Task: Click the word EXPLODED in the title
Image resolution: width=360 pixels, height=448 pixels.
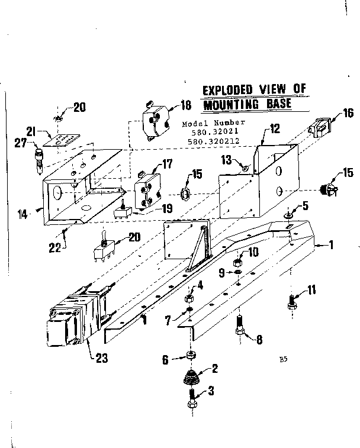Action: pyautogui.click(x=228, y=91)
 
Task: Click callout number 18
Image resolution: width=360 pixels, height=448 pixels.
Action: pyautogui.click(x=186, y=106)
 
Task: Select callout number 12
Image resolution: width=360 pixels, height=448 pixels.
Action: pyautogui.click(x=274, y=128)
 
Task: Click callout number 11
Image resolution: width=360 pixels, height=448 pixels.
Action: pyautogui.click(x=312, y=289)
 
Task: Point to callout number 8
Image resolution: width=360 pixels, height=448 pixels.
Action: pyautogui.click(x=258, y=340)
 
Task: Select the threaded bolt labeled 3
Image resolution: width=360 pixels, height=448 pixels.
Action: pyautogui.click(x=192, y=398)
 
